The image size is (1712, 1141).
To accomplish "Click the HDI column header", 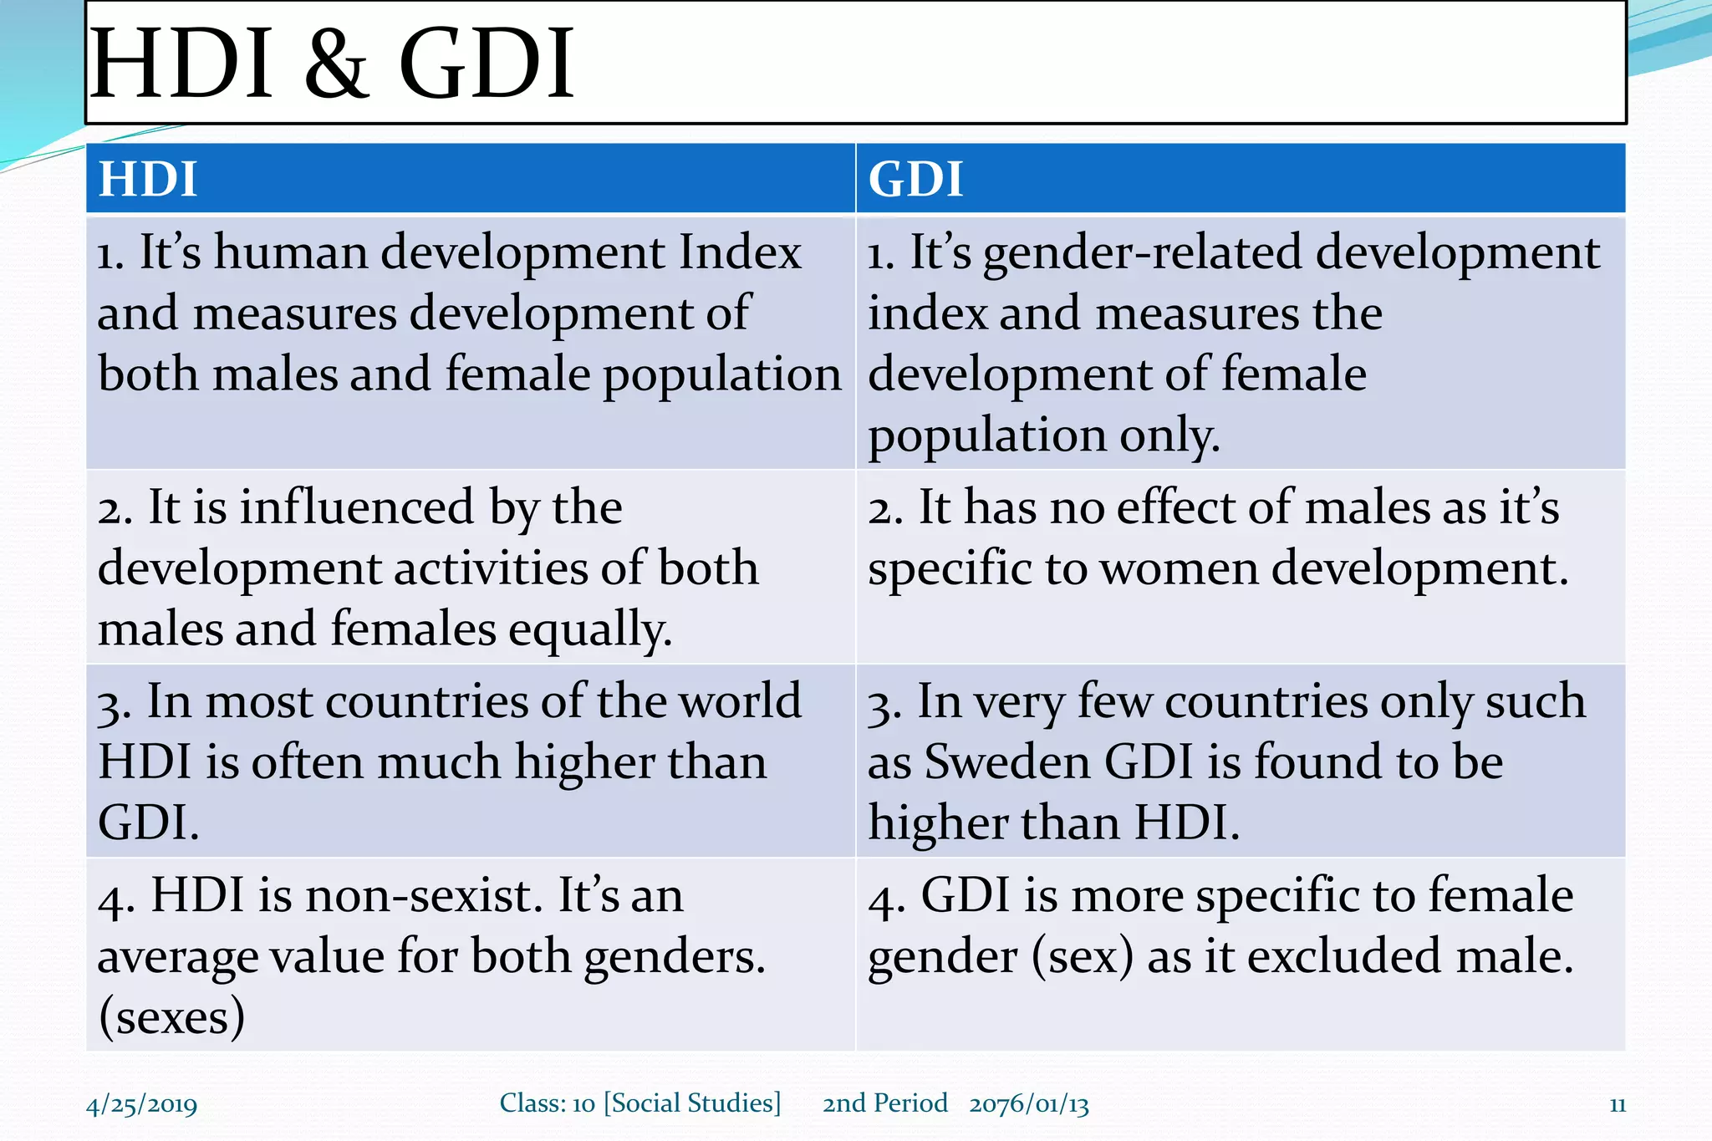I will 148,179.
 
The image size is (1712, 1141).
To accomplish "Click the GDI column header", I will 915,179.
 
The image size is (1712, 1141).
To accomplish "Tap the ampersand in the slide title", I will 335,64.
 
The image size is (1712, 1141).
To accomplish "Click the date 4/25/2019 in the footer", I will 141,1104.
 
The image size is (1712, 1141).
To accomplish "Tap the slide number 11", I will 1617,1104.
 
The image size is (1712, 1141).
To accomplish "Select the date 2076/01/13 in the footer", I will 1029,1104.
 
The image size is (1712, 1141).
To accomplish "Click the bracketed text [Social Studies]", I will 692,1103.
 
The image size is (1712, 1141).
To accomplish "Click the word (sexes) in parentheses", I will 171,1017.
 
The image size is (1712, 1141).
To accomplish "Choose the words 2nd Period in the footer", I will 885,1103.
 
